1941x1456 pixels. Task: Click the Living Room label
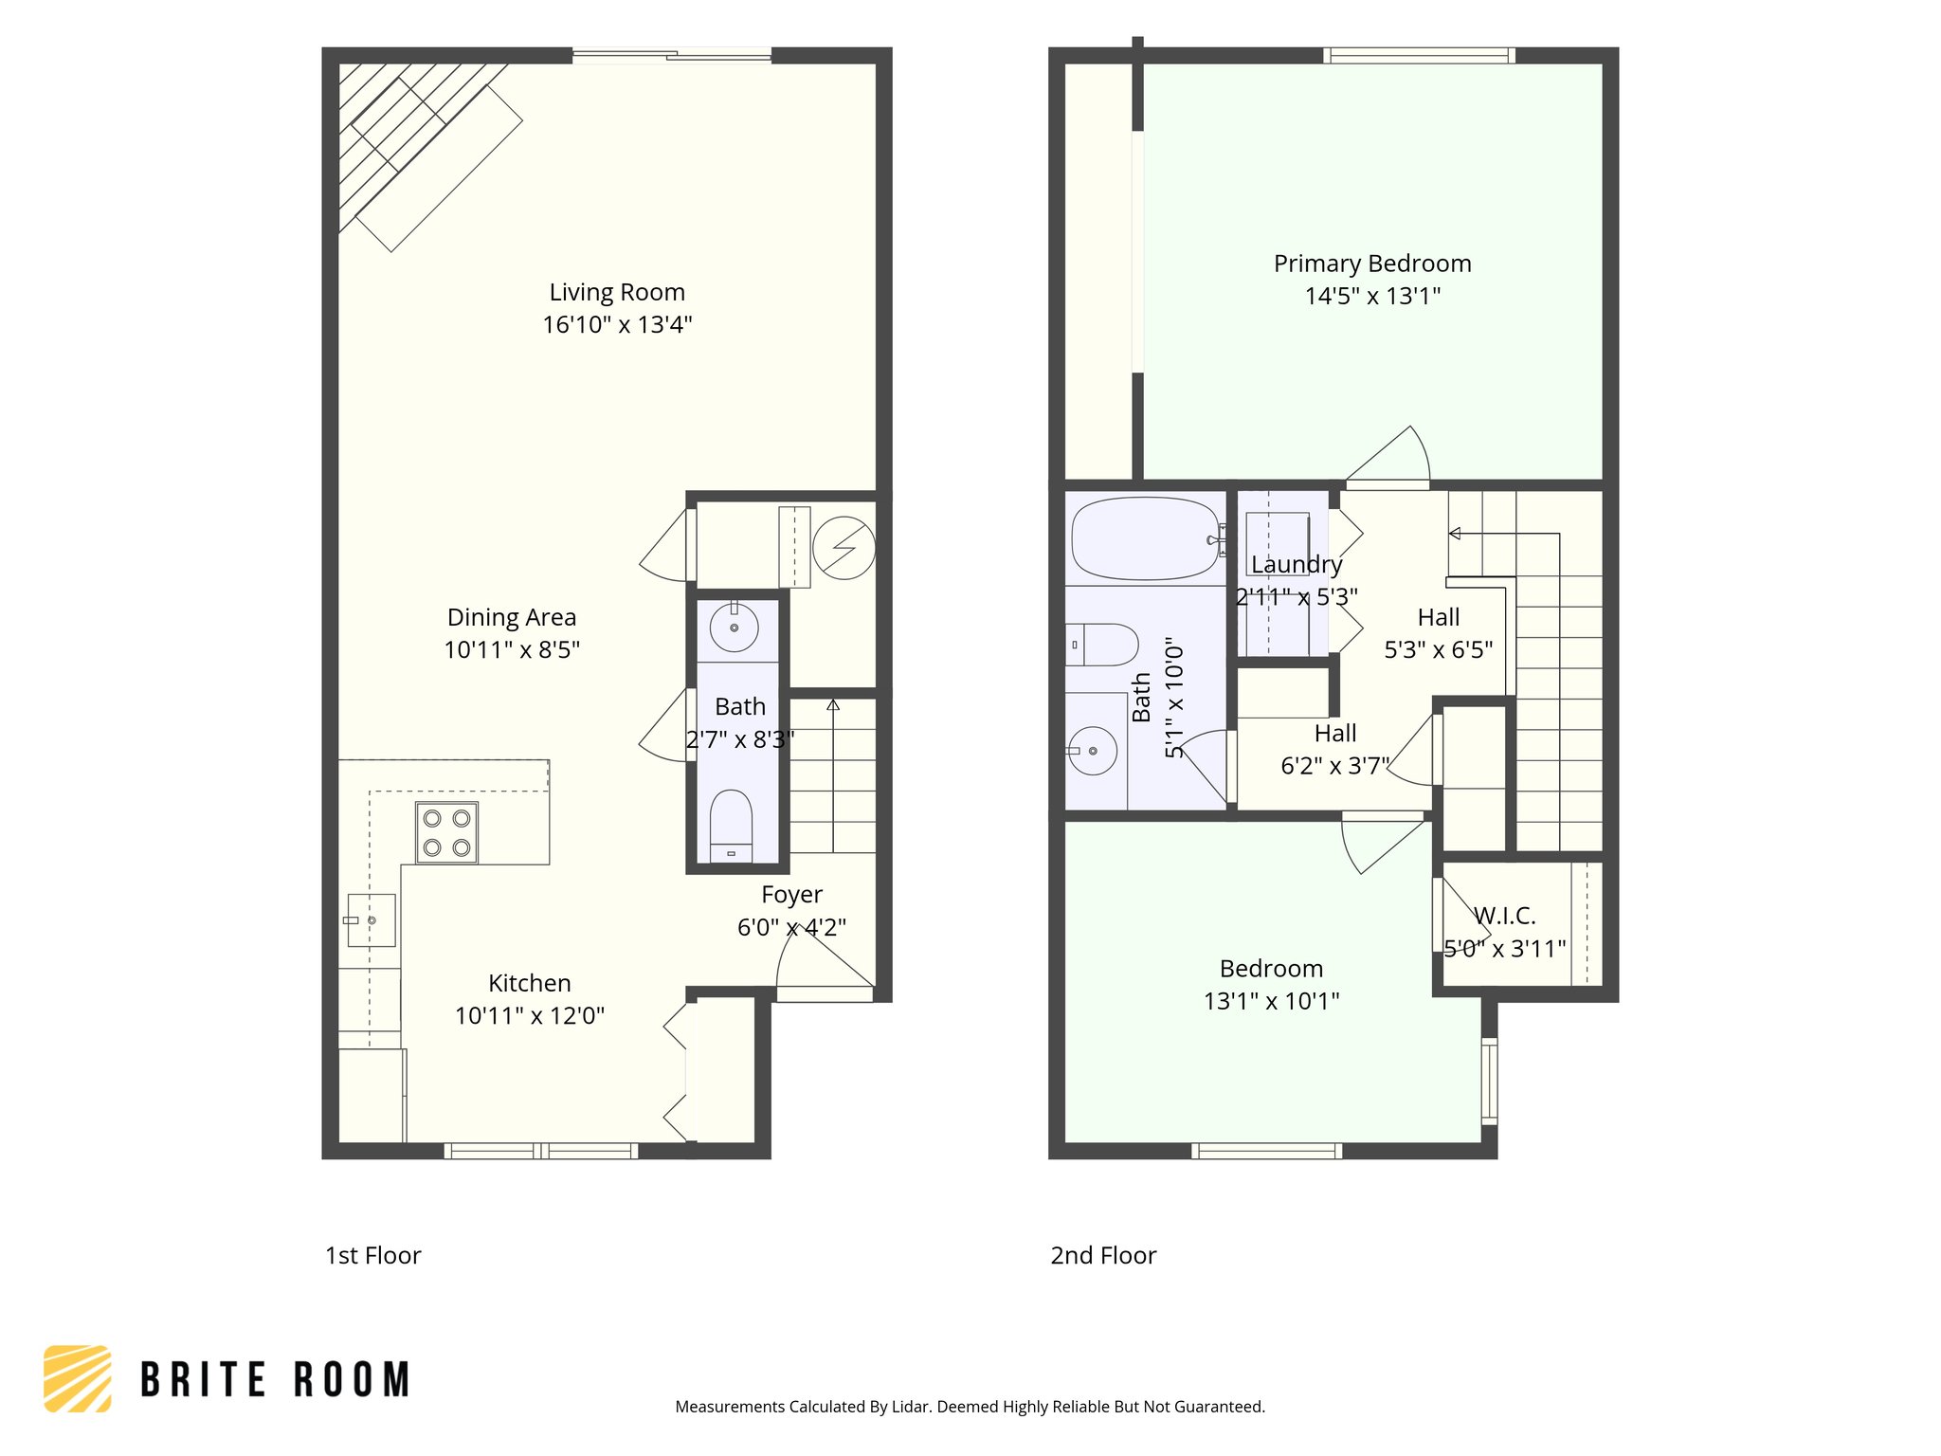pyautogui.click(x=617, y=292)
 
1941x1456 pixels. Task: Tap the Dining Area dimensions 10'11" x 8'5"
pyautogui.click(x=512, y=650)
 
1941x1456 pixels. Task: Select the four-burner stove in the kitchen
pyautogui.click(x=446, y=832)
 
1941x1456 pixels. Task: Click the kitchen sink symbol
pyautogui.click(x=371, y=920)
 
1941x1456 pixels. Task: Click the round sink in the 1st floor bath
pyautogui.click(x=735, y=628)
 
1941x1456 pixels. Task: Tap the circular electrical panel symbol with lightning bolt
pyautogui.click(x=844, y=548)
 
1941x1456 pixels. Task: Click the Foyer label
pyautogui.click(x=791, y=895)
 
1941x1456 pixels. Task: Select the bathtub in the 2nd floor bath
pyautogui.click(x=1146, y=538)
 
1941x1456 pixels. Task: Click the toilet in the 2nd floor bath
pyautogui.click(x=1102, y=645)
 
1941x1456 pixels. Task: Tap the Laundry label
pyautogui.click(x=1297, y=565)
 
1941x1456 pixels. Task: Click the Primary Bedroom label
pyautogui.click(x=1372, y=264)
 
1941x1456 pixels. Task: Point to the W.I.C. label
pyautogui.click(x=1504, y=916)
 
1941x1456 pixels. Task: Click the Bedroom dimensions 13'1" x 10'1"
pyautogui.click(x=1271, y=1001)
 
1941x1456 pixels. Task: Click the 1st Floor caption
pyautogui.click(x=372, y=1255)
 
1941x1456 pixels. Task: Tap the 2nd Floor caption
pyautogui.click(x=1103, y=1255)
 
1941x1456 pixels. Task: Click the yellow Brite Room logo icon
pyautogui.click(x=78, y=1378)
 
